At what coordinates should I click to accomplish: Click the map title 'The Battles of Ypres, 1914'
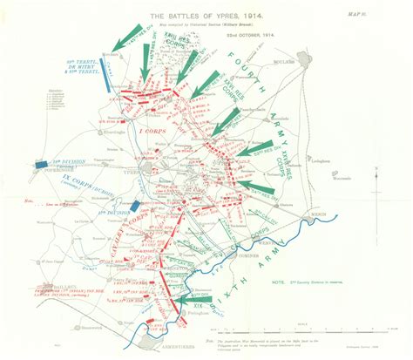[x=179, y=17]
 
